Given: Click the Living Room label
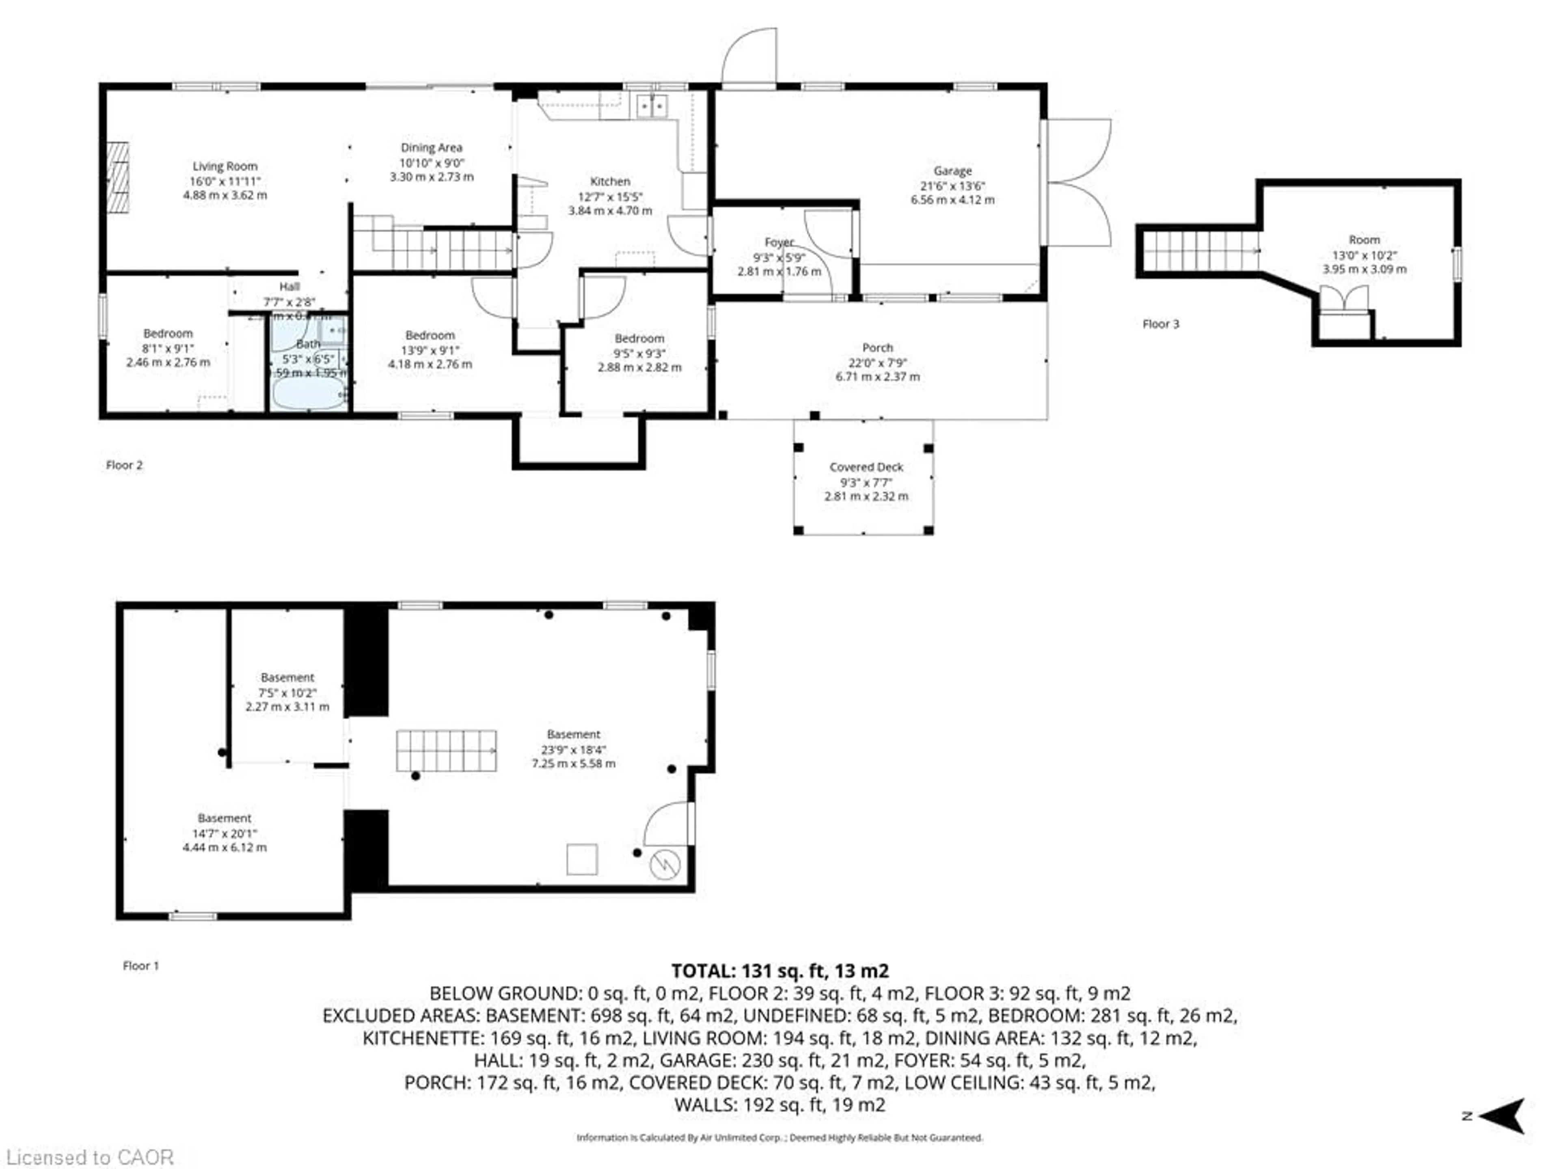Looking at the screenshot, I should coord(225,166).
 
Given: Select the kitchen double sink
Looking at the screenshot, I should coord(652,106).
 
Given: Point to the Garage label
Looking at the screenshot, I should coord(952,170).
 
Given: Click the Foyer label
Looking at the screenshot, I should coord(779,242).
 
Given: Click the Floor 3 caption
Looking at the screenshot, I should coord(1160,324).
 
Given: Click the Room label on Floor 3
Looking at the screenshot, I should coord(1364,239).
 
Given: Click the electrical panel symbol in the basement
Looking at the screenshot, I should coord(665,864).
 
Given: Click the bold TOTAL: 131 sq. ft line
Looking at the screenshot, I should coord(779,971).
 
